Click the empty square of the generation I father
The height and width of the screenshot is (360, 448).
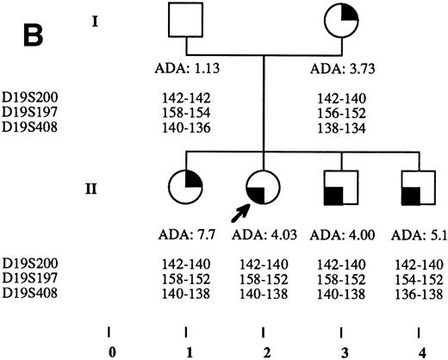point(187,26)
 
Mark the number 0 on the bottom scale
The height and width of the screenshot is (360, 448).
point(109,351)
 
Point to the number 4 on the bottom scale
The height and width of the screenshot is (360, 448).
point(418,351)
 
